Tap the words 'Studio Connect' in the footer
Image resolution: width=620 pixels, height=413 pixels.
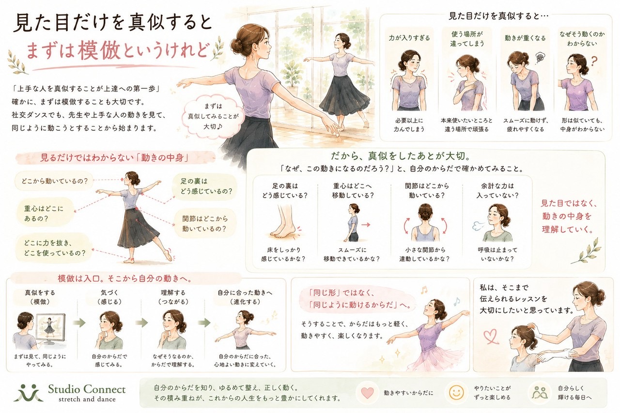87,389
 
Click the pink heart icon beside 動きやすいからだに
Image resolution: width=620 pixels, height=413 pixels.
367,393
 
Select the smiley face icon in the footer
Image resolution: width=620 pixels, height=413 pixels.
456,392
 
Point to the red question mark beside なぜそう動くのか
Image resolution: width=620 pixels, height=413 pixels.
593,61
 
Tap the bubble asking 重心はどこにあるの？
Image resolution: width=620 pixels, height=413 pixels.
44,213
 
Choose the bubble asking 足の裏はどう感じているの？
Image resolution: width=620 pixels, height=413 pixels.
205,186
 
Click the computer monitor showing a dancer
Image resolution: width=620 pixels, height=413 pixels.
51,329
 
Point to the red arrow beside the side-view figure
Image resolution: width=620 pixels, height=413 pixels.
366,225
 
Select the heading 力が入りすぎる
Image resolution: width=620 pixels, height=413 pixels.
409,38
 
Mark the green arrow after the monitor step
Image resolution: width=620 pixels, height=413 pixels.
79,323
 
